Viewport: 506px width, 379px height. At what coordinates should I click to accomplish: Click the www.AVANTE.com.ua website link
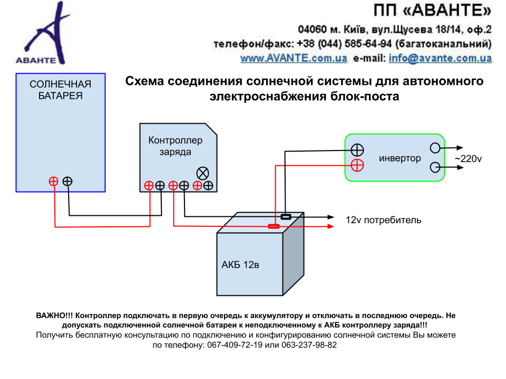pyautogui.click(x=294, y=58)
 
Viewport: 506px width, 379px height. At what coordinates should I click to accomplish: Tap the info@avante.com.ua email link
pyautogui.click(x=440, y=58)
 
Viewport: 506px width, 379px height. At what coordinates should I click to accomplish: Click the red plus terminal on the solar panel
pyautogui.click(x=53, y=181)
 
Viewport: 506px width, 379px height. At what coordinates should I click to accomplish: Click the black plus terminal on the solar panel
pyautogui.click(x=67, y=181)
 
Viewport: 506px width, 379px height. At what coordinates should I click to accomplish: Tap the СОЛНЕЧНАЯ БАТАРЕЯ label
pyautogui.click(x=60, y=90)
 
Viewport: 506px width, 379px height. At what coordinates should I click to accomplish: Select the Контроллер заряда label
pyautogui.click(x=176, y=146)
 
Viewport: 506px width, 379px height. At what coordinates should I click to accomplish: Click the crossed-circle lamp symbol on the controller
pyautogui.click(x=202, y=173)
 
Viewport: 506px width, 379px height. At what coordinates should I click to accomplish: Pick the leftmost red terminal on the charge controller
pyautogui.click(x=149, y=185)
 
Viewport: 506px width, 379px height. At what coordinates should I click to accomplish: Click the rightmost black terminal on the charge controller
pyautogui.click(x=208, y=185)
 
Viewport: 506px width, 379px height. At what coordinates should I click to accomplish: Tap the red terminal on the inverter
pyautogui.click(x=357, y=165)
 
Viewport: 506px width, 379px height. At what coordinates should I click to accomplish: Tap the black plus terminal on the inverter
pyautogui.click(x=357, y=150)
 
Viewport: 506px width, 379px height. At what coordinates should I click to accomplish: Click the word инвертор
pyautogui.click(x=400, y=158)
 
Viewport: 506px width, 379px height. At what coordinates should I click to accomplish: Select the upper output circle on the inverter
pyautogui.click(x=435, y=148)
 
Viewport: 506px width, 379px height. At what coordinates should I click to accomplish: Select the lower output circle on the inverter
pyautogui.click(x=435, y=167)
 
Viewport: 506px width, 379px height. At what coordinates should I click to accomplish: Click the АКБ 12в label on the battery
pyautogui.click(x=240, y=265)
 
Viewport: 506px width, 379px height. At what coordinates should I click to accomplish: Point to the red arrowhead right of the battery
pyautogui.click(x=331, y=226)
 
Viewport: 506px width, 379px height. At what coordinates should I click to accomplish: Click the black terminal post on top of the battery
pyautogui.click(x=286, y=216)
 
